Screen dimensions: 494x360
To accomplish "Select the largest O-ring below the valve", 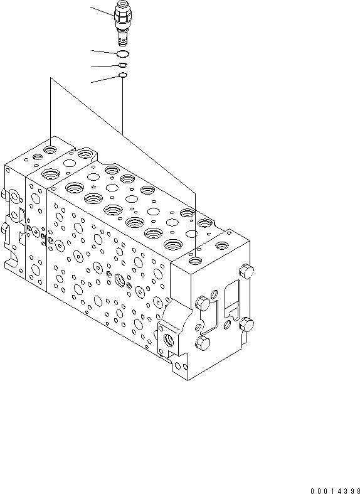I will click(123, 53).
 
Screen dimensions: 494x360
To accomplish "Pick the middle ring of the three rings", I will click(123, 65).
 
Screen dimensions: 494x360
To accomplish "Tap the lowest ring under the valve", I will click(123, 76).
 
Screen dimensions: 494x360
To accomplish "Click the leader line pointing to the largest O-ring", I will click(103, 51).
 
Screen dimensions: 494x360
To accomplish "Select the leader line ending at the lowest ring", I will click(103, 79).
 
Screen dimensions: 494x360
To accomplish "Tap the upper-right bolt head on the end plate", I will click(246, 272).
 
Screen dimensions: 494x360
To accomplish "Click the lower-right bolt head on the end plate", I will click(246, 325).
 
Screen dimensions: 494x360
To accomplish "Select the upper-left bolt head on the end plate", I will click(202, 303).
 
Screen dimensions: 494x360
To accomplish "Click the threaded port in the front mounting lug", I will click(171, 341).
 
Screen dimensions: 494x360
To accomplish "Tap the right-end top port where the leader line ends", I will click(196, 259).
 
